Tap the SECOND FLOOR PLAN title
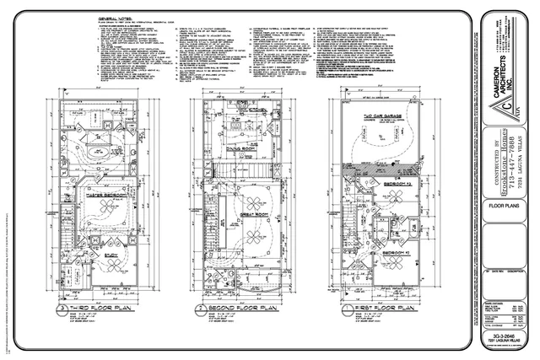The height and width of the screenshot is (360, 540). tap(239, 309)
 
